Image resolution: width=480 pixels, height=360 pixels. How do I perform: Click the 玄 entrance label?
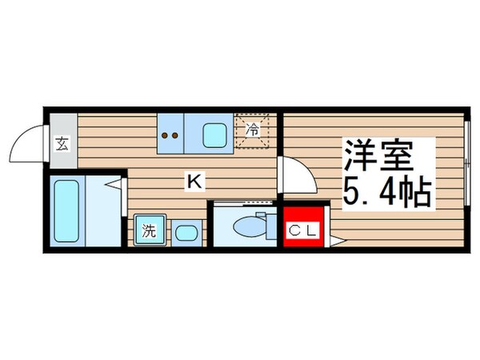click(62, 144)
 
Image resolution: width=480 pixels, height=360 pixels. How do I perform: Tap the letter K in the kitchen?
click(193, 182)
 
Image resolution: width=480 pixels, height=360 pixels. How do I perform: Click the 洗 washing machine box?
click(149, 234)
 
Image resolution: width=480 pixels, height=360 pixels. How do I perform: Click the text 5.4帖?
click(389, 192)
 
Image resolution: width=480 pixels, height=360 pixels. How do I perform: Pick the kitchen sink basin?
click(214, 135)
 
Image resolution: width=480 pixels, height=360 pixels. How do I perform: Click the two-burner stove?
click(170, 134)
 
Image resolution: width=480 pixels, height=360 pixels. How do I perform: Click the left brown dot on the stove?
click(166, 135)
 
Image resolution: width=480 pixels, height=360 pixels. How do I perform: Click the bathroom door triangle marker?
click(118, 186)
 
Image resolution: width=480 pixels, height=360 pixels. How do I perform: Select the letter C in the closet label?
click(294, 233)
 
